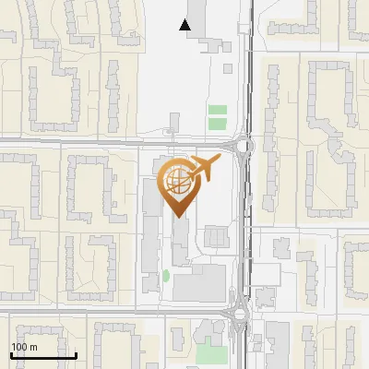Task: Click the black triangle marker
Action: click(x=185, y=25)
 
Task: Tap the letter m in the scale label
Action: click(x=33, y=347)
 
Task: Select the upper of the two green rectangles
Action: click(x=217, y=111)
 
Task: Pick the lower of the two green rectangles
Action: click(x=217, y=124)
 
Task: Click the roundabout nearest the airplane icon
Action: click(x=244, y=145)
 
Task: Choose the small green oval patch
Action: click(x=166, y=275)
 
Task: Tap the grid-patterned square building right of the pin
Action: click(x=216, y=237)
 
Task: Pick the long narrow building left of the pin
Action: click(x=150, y=221)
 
